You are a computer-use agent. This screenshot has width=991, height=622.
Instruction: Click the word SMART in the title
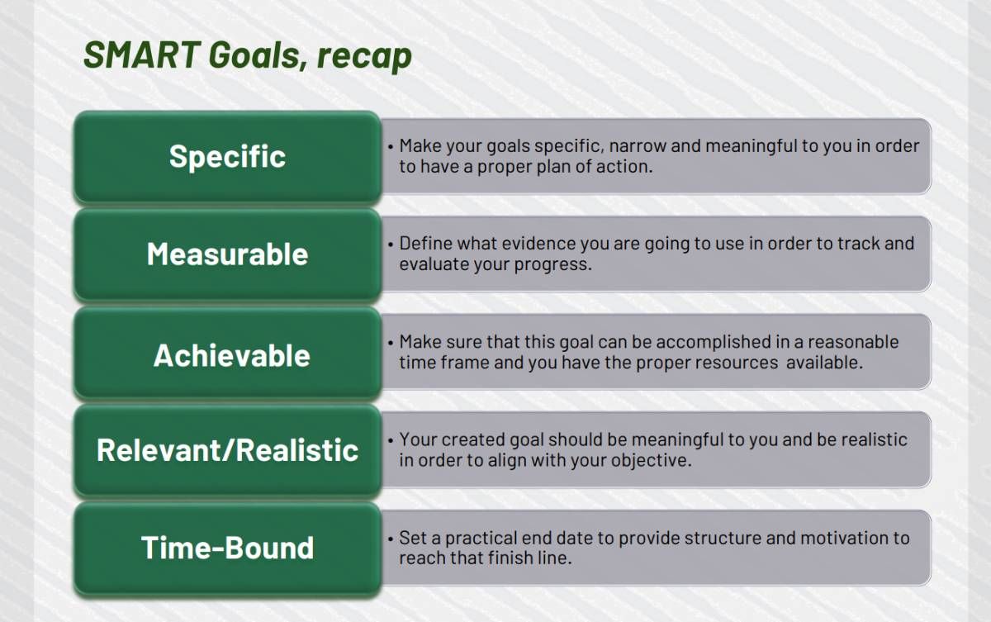pos(142,55)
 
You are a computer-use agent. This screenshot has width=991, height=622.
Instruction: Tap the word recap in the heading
pos(364,57)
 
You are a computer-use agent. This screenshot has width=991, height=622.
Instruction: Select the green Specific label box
pos(227,157)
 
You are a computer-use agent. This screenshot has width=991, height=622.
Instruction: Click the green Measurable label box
pos(227,254)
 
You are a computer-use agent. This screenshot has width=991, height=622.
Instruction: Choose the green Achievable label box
pos(227,354)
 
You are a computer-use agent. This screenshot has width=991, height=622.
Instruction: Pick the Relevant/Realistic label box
pos(227,450)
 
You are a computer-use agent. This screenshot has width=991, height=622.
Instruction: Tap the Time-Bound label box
pos(227,548)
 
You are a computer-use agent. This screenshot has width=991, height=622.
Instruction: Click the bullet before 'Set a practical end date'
pos(390,539)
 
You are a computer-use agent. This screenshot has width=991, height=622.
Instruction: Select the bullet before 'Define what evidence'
pos(390,245)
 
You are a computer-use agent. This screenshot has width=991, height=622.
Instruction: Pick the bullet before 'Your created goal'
pos(390,440)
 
